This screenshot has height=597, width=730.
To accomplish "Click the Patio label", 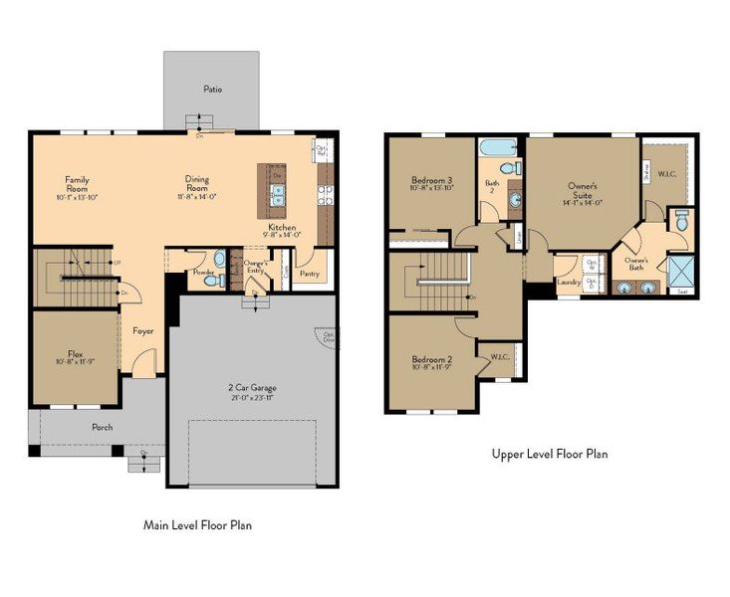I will click(x=212, y=90).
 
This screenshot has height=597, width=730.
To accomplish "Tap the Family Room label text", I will click(x=78, y=184).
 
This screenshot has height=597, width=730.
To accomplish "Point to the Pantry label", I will click(x=310, y=272).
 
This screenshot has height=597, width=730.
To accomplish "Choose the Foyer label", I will click(x=143, y=330).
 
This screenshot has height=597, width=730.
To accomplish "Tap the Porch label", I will click(x=102, y=427).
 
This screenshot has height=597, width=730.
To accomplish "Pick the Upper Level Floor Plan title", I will click(x=550, y=454).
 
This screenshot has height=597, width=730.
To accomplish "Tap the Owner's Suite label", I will click(x=583, y=186).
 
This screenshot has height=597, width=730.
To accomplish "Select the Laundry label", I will click(x=569, y=282).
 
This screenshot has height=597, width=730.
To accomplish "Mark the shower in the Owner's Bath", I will click(x=681, y=270).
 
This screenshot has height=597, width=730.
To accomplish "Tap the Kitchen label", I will click(x=281, y=227).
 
